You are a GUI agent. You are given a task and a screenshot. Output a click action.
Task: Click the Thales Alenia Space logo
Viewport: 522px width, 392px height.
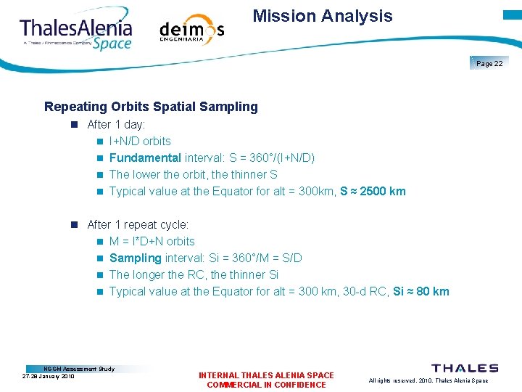76,31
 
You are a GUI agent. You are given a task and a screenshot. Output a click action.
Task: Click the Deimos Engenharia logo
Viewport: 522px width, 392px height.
191,30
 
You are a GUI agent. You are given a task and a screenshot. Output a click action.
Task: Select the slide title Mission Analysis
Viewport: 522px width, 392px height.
323,16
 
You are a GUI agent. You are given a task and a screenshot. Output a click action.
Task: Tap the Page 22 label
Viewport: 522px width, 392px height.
489,64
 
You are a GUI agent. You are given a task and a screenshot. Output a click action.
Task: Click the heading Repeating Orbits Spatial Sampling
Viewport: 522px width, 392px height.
151,107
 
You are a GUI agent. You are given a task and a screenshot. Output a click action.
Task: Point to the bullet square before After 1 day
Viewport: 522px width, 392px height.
74,125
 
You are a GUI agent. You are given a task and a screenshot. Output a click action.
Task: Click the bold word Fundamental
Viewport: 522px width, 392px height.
145,158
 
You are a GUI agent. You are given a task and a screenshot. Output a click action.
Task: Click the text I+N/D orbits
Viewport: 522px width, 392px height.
140,141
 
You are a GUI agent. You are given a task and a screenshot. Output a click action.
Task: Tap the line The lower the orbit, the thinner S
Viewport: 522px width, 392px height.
193,174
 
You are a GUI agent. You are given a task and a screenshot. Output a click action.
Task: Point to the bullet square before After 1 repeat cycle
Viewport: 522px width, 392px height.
74,225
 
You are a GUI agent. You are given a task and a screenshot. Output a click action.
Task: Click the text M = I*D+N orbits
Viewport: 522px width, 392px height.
152,241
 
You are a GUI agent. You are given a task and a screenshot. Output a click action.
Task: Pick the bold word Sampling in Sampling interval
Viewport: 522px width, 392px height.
135,258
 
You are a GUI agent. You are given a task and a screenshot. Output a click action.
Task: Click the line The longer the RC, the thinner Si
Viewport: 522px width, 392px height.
194,274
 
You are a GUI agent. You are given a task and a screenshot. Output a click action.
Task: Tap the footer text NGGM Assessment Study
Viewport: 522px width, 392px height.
79,369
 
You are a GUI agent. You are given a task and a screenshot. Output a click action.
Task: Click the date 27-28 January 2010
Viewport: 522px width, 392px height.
49,376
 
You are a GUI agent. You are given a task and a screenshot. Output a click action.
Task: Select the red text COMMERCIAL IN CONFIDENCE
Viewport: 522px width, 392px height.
266,385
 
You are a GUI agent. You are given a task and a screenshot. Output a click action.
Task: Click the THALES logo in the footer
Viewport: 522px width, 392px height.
465,368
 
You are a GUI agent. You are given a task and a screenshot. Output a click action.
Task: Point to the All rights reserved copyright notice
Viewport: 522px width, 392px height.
428,380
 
